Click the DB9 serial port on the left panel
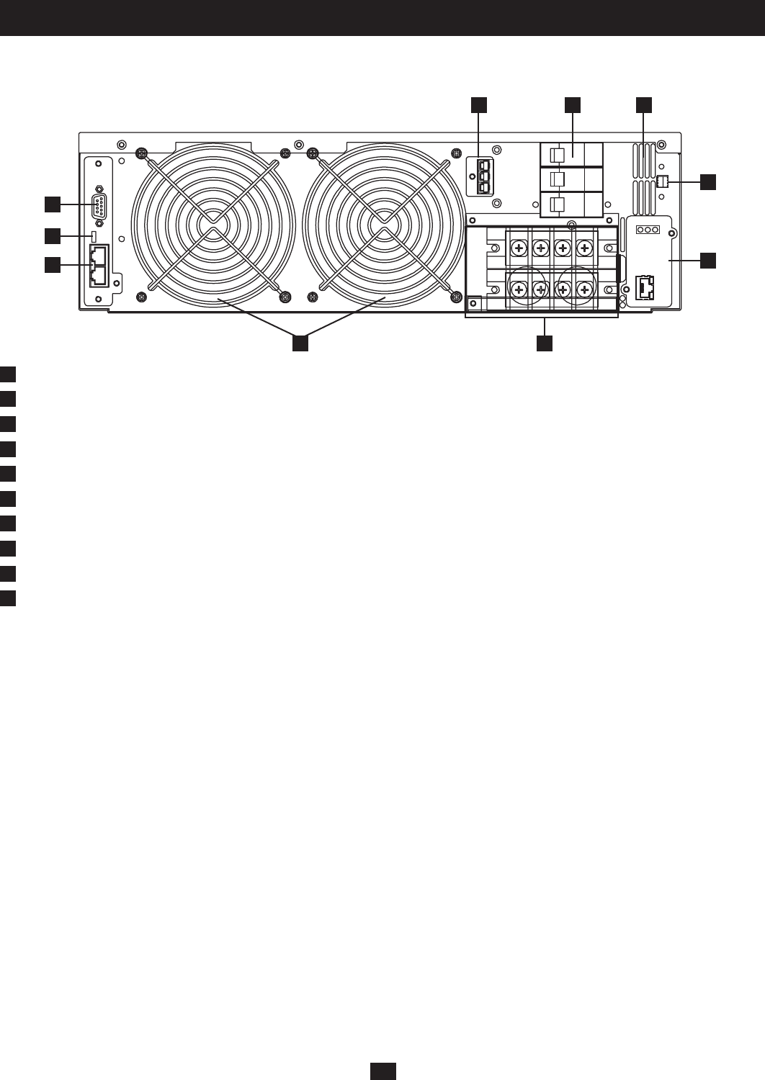click(x=99, y=207)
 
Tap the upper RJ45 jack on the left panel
click(x=99, y=255)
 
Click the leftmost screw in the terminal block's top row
click(x=518, y=248)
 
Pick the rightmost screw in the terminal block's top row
click(x=585, y=248)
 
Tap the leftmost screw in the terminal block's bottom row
click(x=518, y=289)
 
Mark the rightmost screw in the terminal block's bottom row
click(x=585, y=289)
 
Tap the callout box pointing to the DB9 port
click(x=52, y=204)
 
